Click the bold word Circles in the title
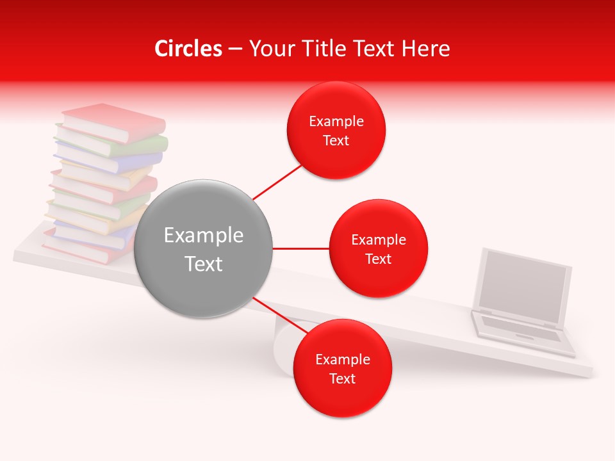(188, 49)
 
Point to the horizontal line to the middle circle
(300, 248)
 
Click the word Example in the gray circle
(204, 236)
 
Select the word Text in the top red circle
(336, 141)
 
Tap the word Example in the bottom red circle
(342, 359)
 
